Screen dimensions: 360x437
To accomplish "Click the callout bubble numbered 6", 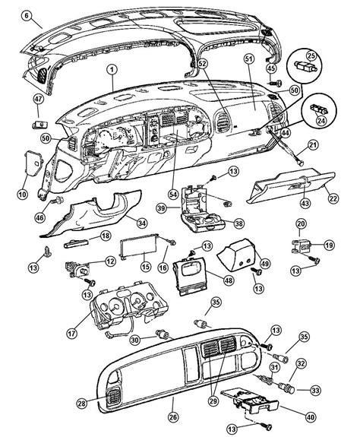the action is click(x=27, y=15).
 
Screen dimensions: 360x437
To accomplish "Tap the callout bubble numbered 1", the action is click(x=112, y=70).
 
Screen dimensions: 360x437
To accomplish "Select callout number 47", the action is click(x=39, y=100).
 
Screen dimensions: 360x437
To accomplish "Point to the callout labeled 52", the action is click(x=203, y=64).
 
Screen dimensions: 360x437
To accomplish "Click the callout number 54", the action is click(x=173, y=195).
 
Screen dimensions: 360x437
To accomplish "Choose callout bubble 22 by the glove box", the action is click(x=333, y=198).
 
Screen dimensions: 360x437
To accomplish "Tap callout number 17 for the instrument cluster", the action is click(x=72, y=333).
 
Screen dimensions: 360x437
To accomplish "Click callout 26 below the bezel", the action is click(x=173, y=417).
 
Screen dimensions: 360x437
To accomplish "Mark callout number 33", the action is click(x=315, y=391).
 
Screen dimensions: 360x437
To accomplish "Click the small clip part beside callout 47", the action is click(x=40, y=125).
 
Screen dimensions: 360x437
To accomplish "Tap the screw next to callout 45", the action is click(x=275, y=83).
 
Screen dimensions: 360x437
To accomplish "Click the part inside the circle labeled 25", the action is click(x=305, y=67).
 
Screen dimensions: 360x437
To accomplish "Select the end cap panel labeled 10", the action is click(x=33, y=163).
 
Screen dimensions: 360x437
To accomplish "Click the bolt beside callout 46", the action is click(x=58, y=200).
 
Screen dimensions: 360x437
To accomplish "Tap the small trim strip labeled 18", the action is click(x=76, y=244).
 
